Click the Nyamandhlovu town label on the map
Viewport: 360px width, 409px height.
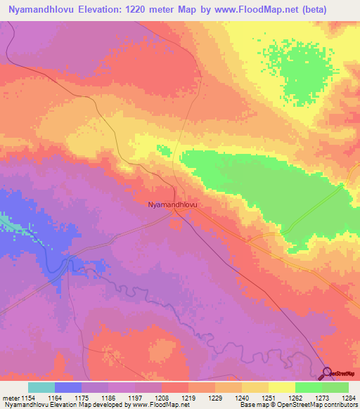coord(172,204)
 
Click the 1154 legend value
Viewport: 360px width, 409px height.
coord(28,398)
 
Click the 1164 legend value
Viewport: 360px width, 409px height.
coord(55,398)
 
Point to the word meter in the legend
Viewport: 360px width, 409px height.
coord(10,398)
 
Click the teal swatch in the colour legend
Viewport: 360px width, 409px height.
coord(41,387)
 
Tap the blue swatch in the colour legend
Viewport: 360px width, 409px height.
coord(68,387)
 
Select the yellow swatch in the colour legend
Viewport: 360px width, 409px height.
coord(281,387)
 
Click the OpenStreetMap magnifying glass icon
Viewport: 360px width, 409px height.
coord(327,372)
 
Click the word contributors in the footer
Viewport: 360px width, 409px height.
coord(340,405)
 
